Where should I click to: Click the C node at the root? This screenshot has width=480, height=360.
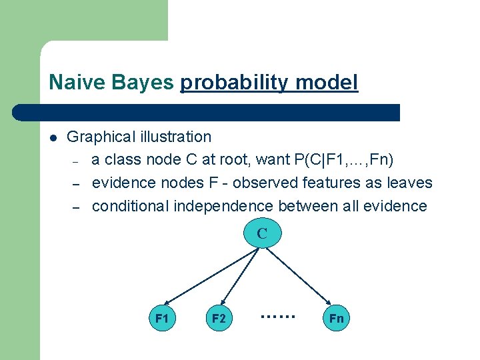[262, 234]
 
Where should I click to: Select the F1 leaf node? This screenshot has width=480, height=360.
[162, 319]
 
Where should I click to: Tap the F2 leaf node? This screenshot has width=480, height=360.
[219, 319]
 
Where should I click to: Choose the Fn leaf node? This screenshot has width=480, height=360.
[336, 319]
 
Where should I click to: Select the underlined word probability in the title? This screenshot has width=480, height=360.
[234, 83]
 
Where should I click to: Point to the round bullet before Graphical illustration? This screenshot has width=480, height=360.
[53, 138]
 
